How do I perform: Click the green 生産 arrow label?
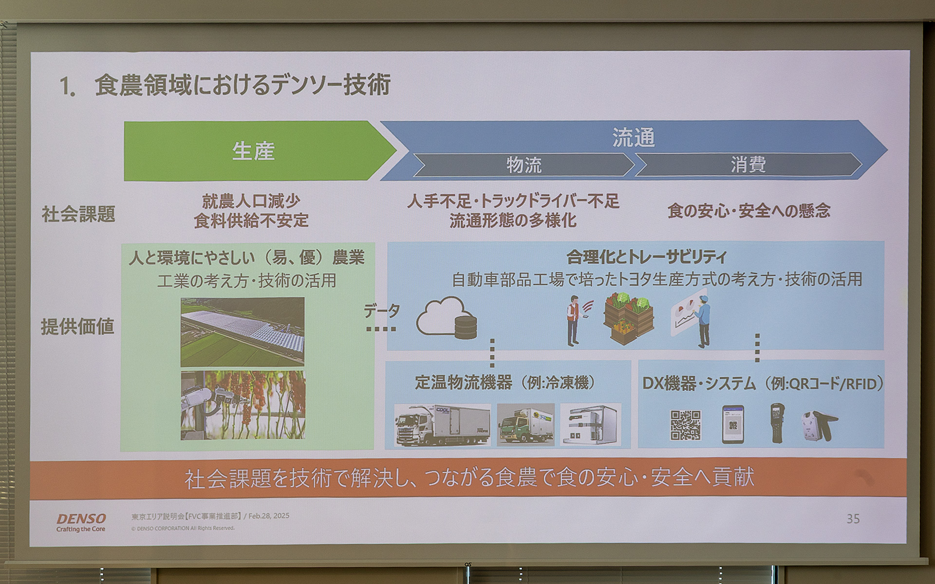tap(253, 151)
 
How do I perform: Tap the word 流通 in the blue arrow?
tap(633, 138)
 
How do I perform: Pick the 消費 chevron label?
tap(748, 165)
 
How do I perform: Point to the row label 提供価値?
tap(77, 327)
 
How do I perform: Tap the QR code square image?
tap(685, 425)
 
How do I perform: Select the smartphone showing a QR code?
tap(732, 424)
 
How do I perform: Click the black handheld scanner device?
tap(778, 422)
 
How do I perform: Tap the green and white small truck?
tap(525, 425)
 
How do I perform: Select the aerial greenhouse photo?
tap(243, 332)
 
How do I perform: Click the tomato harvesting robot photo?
tap(243, 405)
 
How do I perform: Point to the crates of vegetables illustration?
tap(628, 319)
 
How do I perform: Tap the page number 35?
tap(853, 519)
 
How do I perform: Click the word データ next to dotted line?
tap(382, 311)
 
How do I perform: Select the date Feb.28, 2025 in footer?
tap(269, 516)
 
